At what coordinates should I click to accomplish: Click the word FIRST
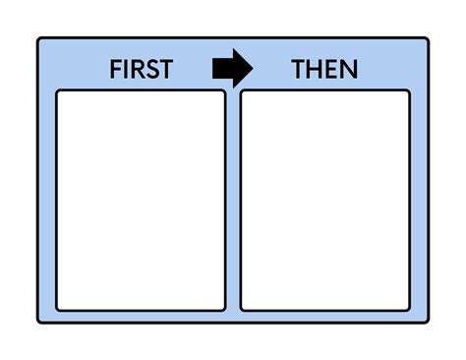point(141,70)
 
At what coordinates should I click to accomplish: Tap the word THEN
point(324,70)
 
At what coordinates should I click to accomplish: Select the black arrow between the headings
point(232,69)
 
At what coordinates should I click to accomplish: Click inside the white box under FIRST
point(141,200)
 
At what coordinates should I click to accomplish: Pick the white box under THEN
point(324,200)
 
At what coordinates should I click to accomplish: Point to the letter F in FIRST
point(115,70)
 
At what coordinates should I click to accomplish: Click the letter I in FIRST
point(126,70)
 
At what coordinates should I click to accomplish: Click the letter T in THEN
point(298,70)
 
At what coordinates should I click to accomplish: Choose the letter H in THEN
point(315,70)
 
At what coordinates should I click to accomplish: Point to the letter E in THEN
point(331,70)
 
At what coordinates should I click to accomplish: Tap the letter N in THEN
point(349,70)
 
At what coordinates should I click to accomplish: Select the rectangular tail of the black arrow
point(220,69)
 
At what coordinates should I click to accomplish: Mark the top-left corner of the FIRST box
point(58,92)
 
